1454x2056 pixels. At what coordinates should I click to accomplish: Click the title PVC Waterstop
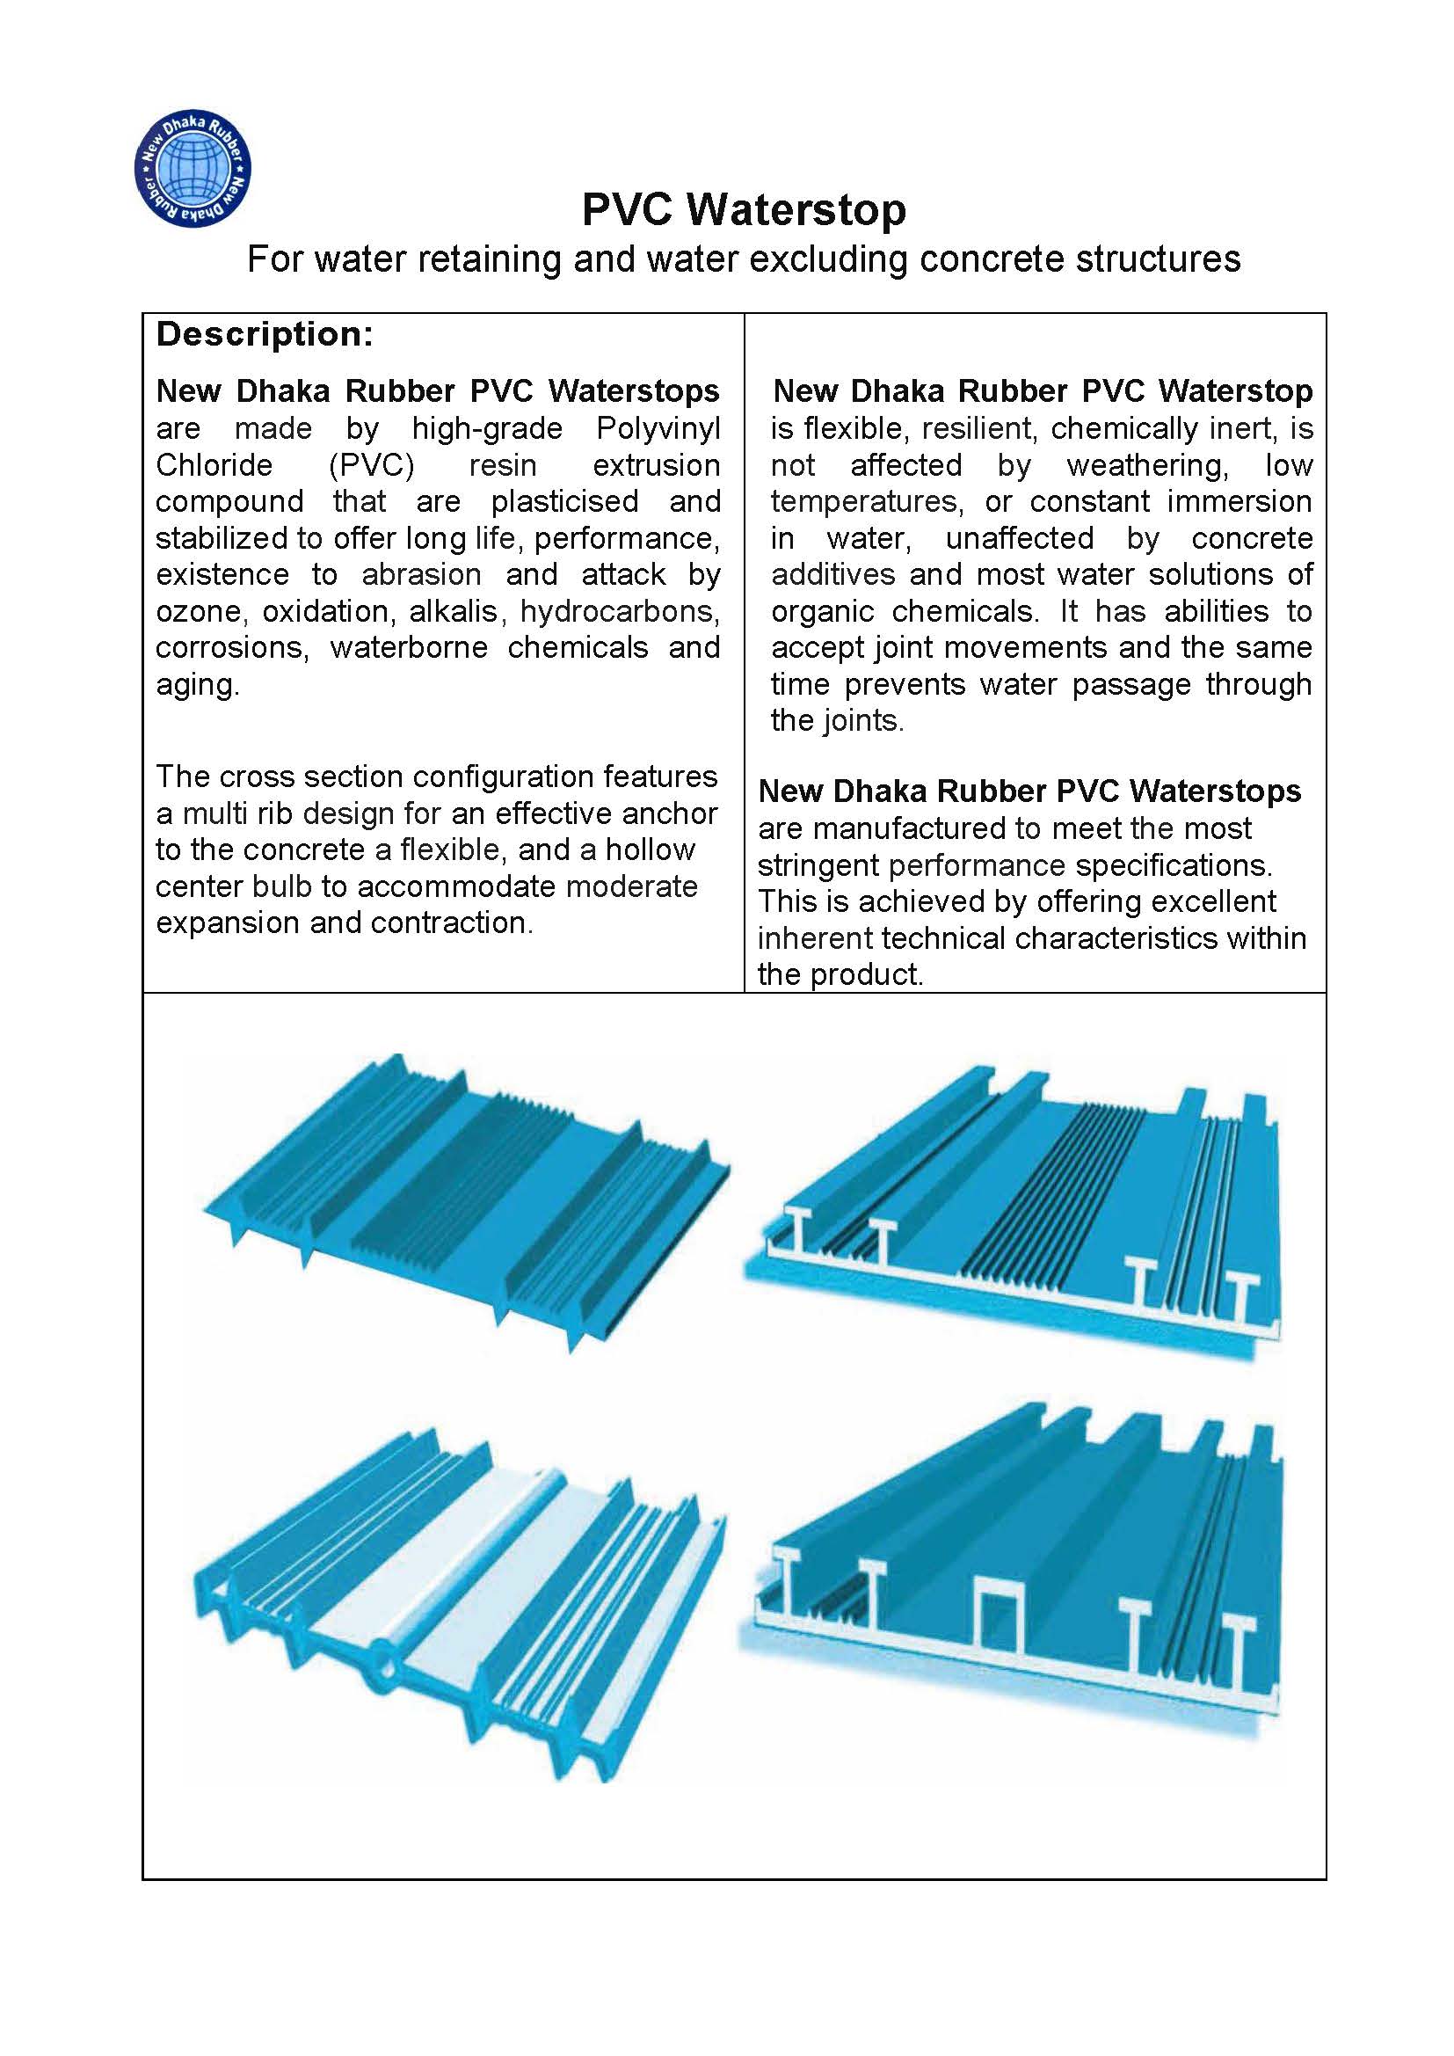[743, 210]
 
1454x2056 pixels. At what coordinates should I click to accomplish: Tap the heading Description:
[264, 335]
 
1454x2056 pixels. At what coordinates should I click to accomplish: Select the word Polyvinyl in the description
[658, 429]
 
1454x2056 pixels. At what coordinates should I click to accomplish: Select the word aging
[197, 685]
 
